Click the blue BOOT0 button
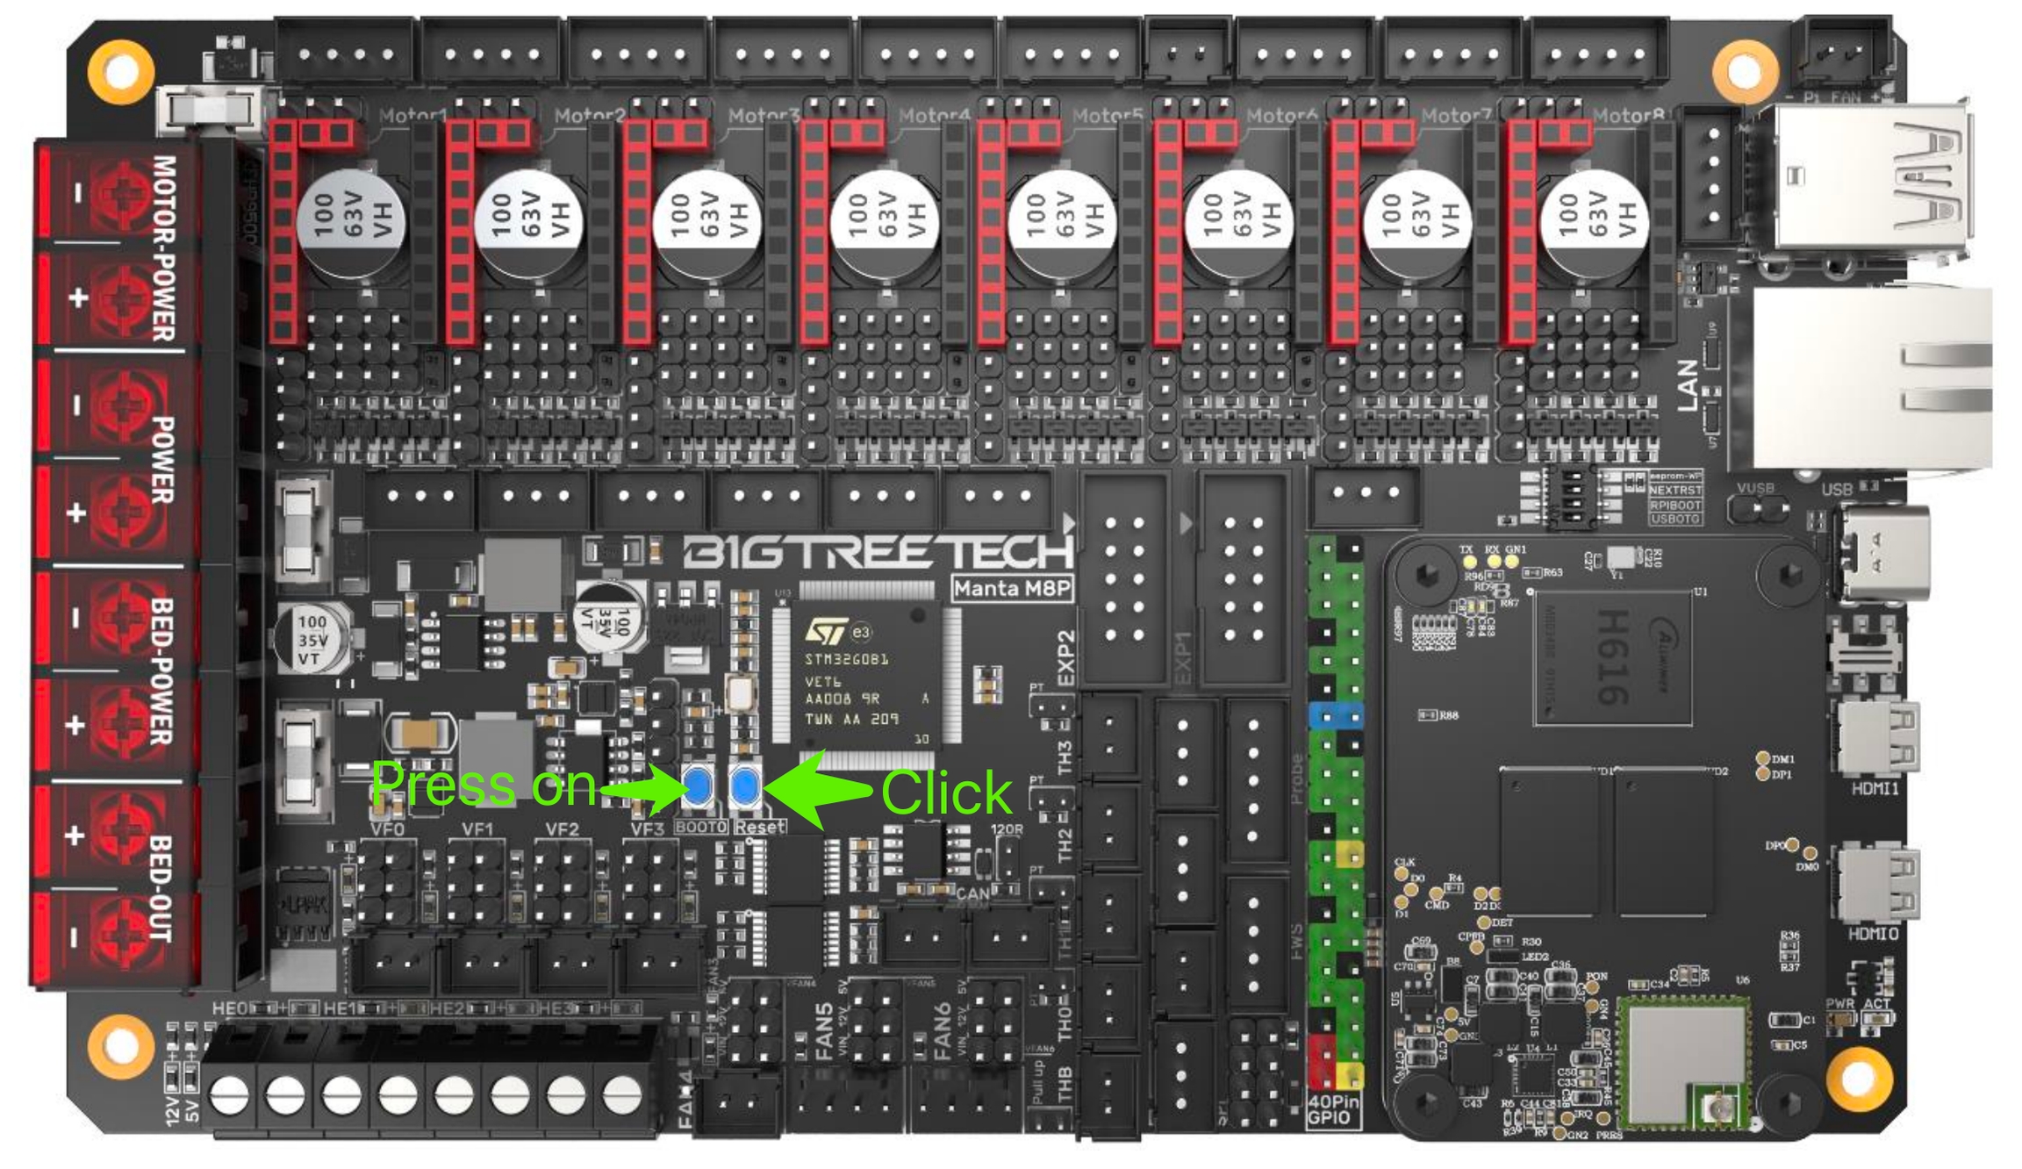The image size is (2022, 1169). coord(699,786)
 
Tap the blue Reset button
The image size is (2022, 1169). coord(745,786)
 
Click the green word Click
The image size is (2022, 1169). coord(946,793)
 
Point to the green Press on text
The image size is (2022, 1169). coord(484,784)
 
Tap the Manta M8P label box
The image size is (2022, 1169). coord(1013,588)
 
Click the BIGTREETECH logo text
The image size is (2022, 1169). coord(878,552)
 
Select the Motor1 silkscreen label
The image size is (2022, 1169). coord(413,116)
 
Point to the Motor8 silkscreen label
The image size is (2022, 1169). coord(1629,116)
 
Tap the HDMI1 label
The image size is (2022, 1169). coord(1875,789)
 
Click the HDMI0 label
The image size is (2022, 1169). coord(1873,934)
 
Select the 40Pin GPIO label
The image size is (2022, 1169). coord(1333,1109)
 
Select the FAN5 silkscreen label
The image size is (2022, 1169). coord(823,1032)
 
